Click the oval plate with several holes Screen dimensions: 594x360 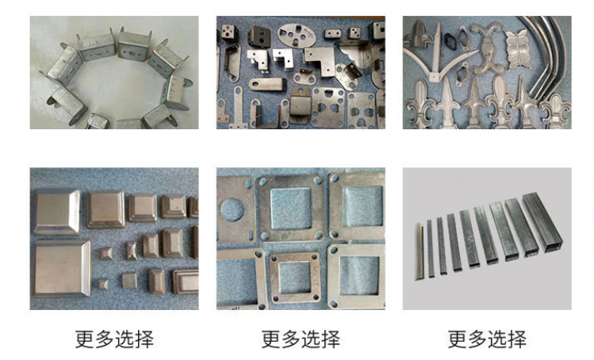pyautogui.click(x=297, y=36)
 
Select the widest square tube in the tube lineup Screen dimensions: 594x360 pyautogui.click(x=542, y=222)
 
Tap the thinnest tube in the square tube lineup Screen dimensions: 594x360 pyautogui.click(x=420, y=251)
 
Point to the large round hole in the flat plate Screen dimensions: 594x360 pyautogui.click(x=232, y=210)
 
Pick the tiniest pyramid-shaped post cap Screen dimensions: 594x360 pyautogui.click(x=102, y=283)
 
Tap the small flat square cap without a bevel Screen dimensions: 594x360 pyautogui.click(x=129, y=281)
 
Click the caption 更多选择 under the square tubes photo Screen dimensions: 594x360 pyautogui.click(x=487, y=339)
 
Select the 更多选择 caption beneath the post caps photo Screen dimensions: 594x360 pyautogui.click(x=114, y=339)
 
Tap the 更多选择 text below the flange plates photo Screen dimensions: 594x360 pyautogui.click(x=301, y=339)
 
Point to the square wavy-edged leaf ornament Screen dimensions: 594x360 pyautogui.click(x=517, y=49)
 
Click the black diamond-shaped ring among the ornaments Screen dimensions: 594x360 pyautogui.click(x=450, y=39)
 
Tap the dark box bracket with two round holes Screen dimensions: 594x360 pyautogui.click(x=259, y=36)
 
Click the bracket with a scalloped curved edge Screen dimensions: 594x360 pyautogui.click(x=354, y=54)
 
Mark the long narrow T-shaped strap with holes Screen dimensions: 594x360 pyautogui.click(x=238, y=108)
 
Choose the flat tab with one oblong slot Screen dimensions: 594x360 pyautogui.click(x=266, y=84)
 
